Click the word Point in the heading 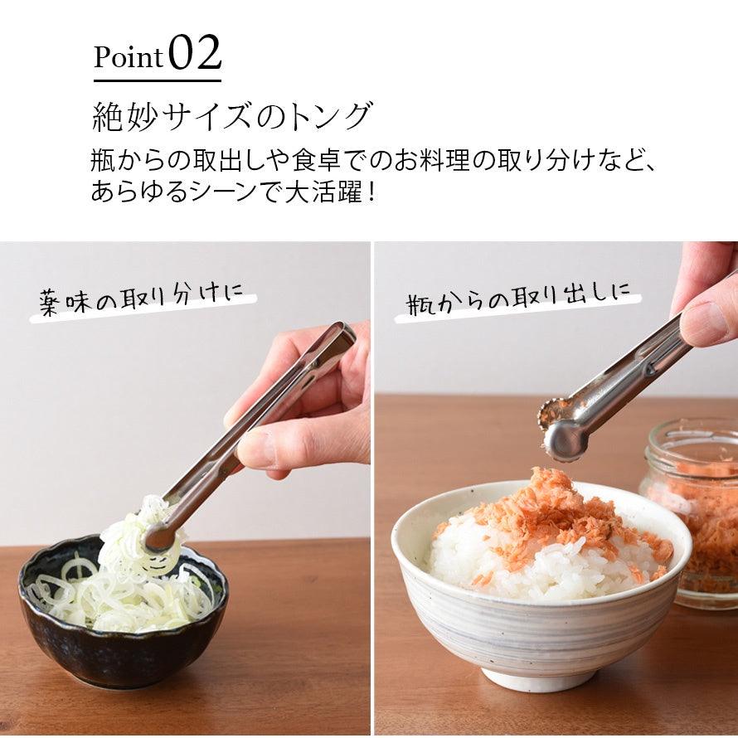(129, 57)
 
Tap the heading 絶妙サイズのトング (231, 116)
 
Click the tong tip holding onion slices (158, 539)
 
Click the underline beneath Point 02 (157, 80)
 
